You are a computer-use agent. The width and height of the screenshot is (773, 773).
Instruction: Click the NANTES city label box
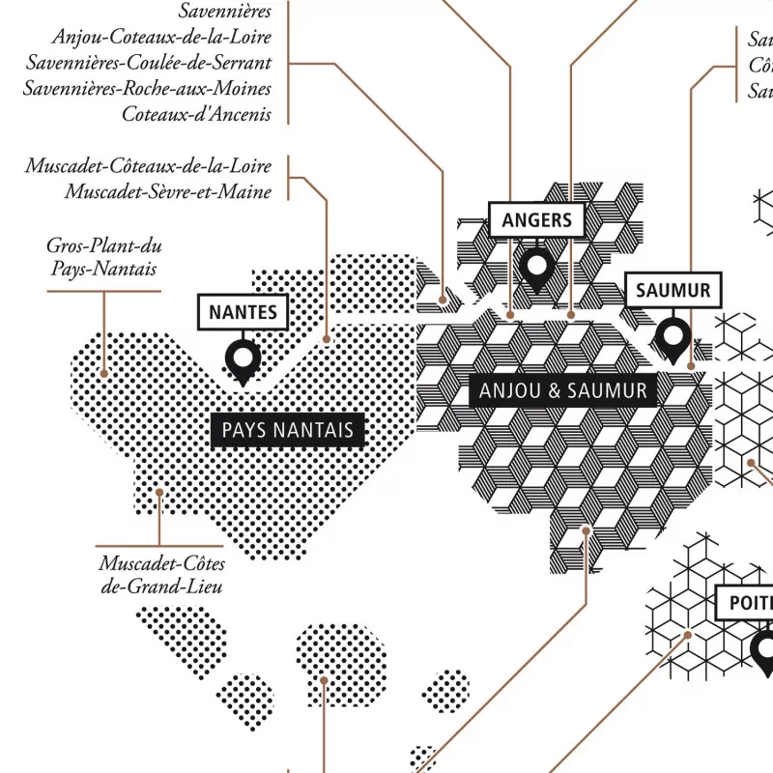coord(243,312)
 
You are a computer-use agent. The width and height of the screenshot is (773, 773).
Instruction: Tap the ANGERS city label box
coord(537,220)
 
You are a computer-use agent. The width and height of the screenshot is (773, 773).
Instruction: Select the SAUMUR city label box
coord(673,290)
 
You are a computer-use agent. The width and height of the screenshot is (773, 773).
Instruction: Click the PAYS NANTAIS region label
coord(287,430)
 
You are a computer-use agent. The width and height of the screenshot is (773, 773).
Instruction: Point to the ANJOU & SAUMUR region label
coord(562,391)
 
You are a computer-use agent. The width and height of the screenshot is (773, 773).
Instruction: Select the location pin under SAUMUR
coord(673,336)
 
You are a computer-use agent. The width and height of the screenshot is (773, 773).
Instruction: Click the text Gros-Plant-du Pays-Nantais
coord(104,257)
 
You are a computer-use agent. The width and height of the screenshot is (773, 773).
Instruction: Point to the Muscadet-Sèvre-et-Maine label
coord(169,191)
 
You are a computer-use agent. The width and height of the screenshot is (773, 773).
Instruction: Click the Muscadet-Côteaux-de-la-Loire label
coord(149,166)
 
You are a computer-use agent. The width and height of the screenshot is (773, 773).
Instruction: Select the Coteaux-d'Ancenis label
coord(196,114)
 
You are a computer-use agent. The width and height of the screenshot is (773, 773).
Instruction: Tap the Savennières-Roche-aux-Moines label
coord(148,89)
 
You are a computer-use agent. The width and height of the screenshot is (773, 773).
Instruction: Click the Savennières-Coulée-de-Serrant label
coord(150,63)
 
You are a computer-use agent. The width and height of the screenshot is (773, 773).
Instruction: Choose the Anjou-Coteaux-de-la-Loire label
coord(162,38)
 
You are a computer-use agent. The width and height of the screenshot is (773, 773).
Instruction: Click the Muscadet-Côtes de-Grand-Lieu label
coord(160,574)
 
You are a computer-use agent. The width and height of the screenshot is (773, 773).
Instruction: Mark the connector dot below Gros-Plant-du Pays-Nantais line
coord(103,372)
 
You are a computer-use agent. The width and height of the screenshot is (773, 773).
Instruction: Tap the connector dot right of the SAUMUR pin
coord(691,366)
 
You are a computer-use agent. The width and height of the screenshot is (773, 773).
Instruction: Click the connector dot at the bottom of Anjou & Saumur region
coord(587,530)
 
